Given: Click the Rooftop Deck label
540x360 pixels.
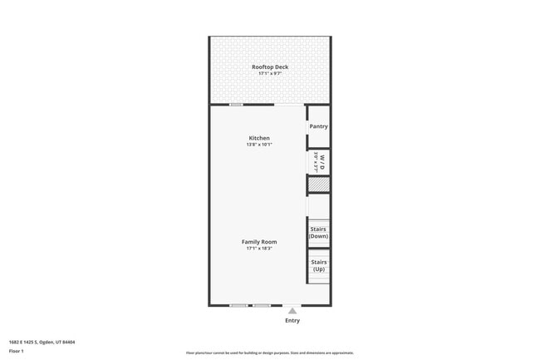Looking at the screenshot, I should [270, 67].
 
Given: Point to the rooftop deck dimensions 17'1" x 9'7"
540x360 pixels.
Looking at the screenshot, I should [270, 74].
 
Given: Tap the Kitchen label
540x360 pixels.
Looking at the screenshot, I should [259, 138].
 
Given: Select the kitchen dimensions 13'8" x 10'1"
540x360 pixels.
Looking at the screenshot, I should [259, 145].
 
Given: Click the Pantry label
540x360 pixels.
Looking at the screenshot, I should [318, 126].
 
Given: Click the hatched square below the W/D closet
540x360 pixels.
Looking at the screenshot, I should [318, 185].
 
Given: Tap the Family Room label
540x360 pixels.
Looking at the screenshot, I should [259, 242].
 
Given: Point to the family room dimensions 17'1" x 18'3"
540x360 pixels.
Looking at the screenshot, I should [259, 249].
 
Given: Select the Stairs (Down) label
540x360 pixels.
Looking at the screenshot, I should [318, 232].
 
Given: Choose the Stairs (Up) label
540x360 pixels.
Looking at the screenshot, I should [318, 265].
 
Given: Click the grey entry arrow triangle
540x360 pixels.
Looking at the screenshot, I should [292, 310].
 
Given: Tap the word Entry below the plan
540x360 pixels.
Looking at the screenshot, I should [292, 320].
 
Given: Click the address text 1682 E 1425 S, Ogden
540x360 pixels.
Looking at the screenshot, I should [42, 342].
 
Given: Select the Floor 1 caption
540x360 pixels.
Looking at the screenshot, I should [17, 351].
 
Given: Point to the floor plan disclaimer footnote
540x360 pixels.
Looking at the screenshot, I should [269, 353].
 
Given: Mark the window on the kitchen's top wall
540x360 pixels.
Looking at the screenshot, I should [236, 105].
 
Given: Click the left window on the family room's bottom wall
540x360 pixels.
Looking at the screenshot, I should [238, 305].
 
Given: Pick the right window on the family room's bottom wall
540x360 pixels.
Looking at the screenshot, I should [262, 305].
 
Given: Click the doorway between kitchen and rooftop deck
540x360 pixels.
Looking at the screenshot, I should [290, 105].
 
